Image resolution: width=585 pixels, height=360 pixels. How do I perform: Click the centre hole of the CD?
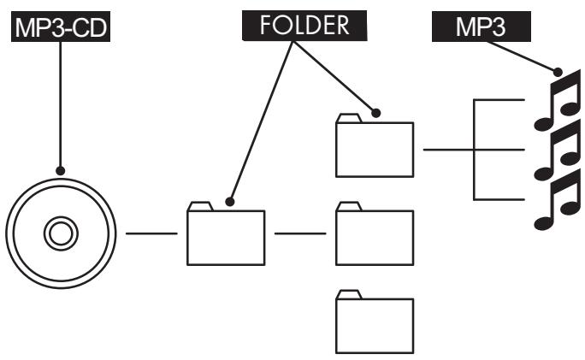(x=58, y=232)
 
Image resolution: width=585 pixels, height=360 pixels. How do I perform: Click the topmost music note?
(x=555, y=103)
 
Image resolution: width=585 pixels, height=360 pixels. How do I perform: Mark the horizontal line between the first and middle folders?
(x=300, y=233)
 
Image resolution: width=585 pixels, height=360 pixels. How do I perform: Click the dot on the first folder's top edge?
(x=228, y=203)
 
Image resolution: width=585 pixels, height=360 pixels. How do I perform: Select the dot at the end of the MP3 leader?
(x=558, y=74)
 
